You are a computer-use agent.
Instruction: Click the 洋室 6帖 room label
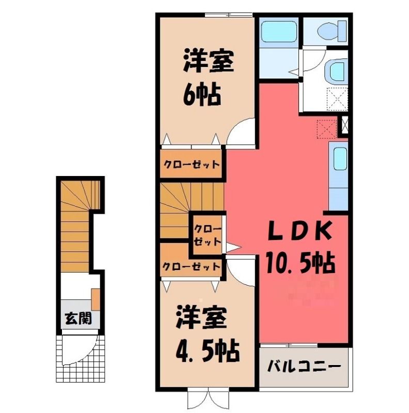coord(208,77)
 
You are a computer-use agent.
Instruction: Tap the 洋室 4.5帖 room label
coord(208,333)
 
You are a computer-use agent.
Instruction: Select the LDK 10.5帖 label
coord(300,246)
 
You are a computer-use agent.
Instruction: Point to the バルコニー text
coord(304,366)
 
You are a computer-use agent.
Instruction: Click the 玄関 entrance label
coord(78,318)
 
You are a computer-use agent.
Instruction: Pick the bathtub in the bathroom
coord(278,31)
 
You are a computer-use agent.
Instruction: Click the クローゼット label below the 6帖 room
coord(192,165)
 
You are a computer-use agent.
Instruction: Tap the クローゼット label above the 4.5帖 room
coord(191,267)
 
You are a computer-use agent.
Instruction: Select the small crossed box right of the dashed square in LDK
coord(344,126)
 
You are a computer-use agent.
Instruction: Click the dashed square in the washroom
coord(337,99)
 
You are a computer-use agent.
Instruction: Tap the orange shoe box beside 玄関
coord(96,299)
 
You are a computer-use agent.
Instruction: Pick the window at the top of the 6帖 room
coord(228,15)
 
